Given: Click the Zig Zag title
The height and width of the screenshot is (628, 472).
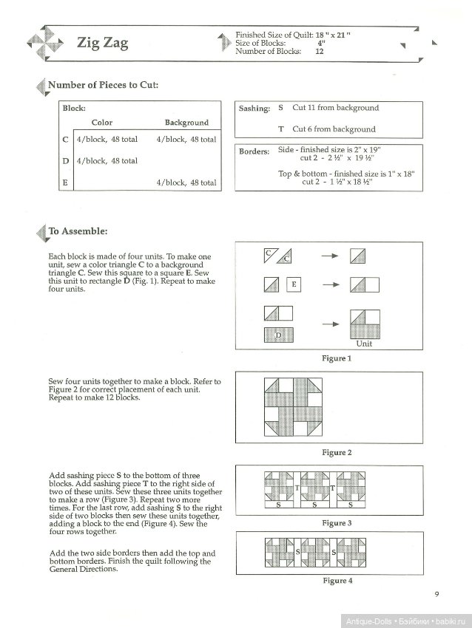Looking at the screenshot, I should (x=103, y=44).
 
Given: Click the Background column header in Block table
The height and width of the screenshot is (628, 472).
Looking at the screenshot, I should (x=186, y=123).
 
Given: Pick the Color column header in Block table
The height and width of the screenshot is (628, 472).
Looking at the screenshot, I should (x=101, y=123).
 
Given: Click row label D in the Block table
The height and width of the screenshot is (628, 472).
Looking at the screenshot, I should (x=66, y=160).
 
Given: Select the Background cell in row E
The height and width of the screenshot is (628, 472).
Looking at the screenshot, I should (x=186, y=182).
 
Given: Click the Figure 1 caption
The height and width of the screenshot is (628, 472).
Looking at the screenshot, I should (x=336, y=358).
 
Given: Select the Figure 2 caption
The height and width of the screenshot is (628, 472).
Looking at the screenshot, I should (x=336, y=452).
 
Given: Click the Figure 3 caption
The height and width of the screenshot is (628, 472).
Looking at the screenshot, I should (x=336, y=523).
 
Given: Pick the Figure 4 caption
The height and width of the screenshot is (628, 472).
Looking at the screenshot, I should (x=336, y=581).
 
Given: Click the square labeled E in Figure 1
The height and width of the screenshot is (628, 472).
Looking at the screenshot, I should (x=294, y=284).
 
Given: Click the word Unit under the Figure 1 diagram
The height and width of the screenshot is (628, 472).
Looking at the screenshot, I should (x=364, y=344).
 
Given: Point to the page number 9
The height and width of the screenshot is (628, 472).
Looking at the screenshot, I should (x=437, y=594).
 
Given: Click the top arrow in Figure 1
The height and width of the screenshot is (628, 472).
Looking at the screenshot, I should (x=330, y=256).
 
